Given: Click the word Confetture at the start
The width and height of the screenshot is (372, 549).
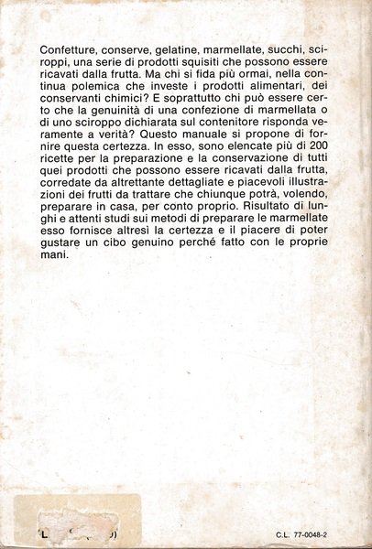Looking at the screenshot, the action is [72, 46].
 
